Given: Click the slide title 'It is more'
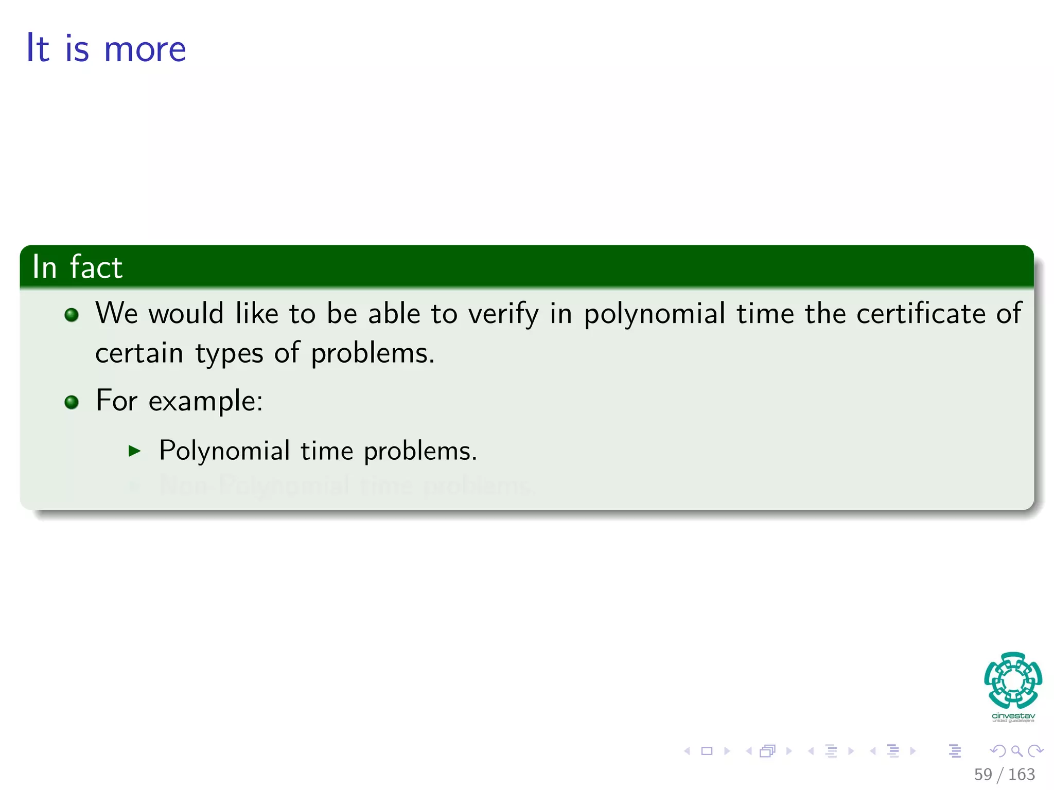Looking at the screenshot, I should point(106,48).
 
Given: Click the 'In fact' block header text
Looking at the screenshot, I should point(77,267).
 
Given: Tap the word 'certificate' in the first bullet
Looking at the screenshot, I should point(921,313).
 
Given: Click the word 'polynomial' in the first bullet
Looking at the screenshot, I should point(654,314).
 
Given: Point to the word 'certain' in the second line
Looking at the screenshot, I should point(139,353).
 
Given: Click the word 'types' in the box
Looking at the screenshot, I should point(229,354).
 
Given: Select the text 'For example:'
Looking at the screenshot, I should point(179,401).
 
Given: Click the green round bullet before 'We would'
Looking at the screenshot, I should point(72,315).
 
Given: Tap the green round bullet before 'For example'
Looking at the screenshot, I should point(72,402).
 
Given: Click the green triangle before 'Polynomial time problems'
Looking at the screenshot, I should point(134,452).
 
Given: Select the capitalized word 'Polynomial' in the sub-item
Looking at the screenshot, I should point(224,451).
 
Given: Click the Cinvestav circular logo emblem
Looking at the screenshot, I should point(1013,680).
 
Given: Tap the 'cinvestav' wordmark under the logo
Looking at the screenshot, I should point(1013,716).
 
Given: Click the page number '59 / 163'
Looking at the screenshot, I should point(1004,774).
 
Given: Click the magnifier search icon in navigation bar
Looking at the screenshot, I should point(1016,751).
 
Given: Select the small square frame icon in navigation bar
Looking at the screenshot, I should point(707,751).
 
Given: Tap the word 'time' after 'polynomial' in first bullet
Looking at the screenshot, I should point(765,313).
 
